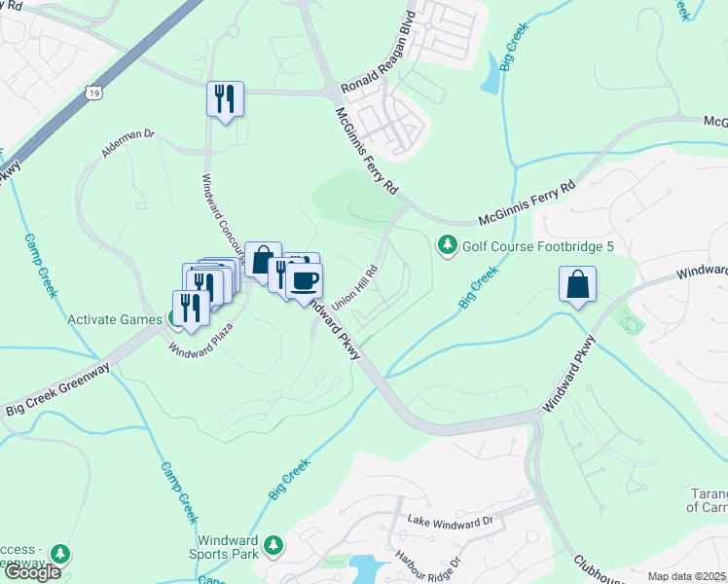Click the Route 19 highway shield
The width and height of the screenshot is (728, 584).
[93, 93]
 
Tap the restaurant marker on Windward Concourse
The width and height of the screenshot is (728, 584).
[225, 99]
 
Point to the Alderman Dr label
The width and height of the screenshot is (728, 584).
[128, 143]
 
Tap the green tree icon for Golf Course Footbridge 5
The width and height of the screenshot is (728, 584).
[447, 244]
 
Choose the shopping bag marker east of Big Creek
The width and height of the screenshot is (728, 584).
[577, 285]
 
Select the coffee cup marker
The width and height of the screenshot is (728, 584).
[305, 279]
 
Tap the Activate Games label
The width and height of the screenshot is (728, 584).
[114, 318]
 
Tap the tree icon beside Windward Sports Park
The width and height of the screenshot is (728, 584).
[275, 543]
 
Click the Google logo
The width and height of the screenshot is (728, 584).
[32, 572]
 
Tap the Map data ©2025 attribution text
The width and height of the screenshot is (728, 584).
[686, 576]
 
